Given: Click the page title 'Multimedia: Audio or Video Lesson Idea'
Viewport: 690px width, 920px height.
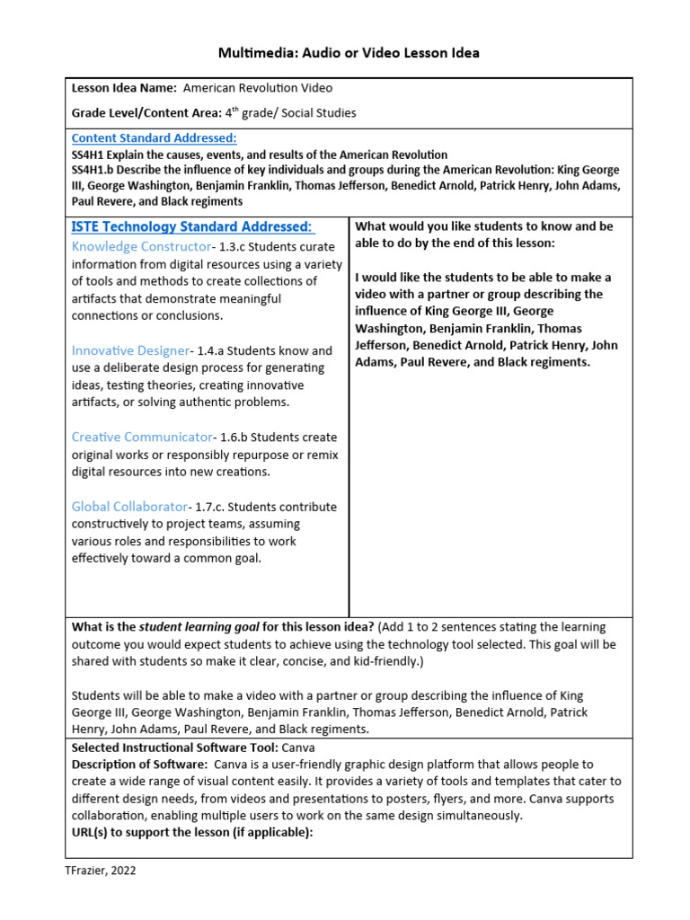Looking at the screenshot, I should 349,53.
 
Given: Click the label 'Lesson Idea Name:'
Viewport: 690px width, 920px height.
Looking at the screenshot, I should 124,88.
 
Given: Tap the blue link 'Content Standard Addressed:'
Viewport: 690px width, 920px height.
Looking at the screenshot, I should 154,138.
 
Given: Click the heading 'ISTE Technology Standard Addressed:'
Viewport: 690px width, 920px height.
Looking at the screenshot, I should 193,226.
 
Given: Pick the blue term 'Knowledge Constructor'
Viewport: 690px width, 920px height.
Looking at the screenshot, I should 141,246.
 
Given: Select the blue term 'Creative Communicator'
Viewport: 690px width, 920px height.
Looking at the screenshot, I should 141,438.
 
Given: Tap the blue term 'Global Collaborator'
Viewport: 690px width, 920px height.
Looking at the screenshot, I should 129,507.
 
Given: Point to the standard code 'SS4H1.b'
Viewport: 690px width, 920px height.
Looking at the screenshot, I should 95,170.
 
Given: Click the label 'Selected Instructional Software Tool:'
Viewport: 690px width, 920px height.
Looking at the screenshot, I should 175,747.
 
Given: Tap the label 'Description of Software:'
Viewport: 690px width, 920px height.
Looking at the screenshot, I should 139,765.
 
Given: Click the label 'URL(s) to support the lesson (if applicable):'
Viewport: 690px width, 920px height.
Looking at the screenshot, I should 191,833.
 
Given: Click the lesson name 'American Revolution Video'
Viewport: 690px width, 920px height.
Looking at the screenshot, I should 258,88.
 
